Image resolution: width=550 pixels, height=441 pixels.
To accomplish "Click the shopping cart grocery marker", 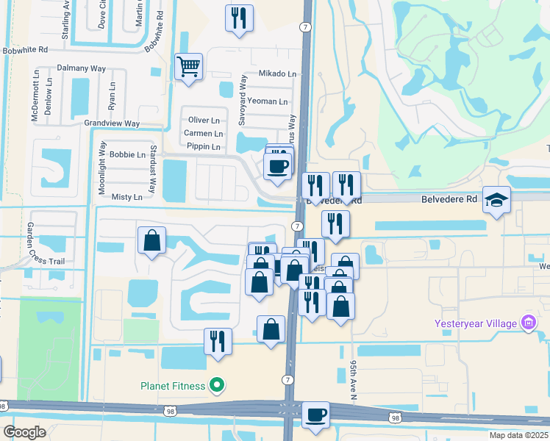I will point(189,67).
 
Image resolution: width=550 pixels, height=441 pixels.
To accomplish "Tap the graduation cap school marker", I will point(496,199).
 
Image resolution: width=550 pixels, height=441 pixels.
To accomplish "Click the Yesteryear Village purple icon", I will point(527,322).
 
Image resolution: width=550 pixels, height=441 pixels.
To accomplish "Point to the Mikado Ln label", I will point(277,74).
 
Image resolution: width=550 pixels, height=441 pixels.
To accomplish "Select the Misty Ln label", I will point(126,198).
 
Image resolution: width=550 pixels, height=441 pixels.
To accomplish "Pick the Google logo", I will point(24,432).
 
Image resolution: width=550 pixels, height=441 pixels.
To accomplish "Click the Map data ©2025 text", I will point(518,435).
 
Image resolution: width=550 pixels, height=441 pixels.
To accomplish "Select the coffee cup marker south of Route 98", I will point(315,415).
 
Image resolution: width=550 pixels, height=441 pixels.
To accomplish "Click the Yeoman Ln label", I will point(268,101).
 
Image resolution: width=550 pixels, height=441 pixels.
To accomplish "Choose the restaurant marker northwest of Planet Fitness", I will point(218,341).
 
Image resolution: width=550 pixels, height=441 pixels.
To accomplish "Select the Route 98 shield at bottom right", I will point(396,418).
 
